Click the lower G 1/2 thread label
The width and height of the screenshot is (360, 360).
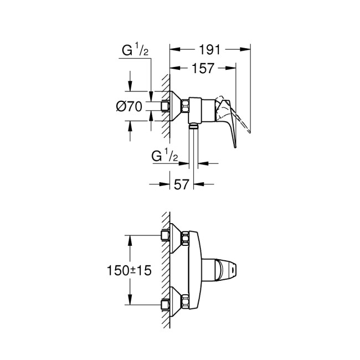click(x=164, y=157)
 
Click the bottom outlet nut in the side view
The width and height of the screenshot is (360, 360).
click(x=193, y=127)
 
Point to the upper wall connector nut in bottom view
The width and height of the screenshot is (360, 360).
click(x=164, y=236)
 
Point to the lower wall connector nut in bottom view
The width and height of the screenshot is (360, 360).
click(x=164, y=303)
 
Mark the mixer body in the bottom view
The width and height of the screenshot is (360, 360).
click(x=195, y=270)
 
